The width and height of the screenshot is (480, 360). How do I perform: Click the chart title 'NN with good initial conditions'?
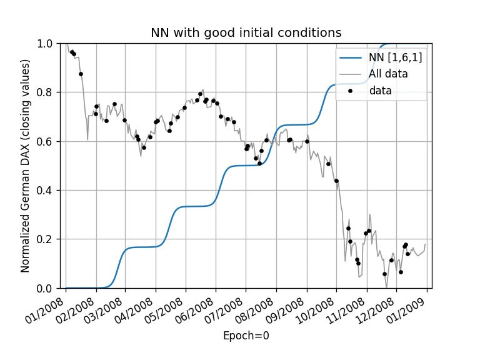246,33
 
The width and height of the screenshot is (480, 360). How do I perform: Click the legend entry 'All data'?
388,74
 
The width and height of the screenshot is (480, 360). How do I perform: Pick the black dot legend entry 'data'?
380,91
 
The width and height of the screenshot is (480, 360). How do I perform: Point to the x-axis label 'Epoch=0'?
246,336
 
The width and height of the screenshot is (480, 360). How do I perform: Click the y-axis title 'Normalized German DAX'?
26,166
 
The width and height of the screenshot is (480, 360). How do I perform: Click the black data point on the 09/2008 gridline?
307,141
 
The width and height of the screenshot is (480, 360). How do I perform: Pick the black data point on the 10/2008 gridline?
336,181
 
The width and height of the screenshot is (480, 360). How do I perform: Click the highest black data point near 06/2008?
200,94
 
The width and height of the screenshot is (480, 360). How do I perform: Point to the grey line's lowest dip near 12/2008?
387,287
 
